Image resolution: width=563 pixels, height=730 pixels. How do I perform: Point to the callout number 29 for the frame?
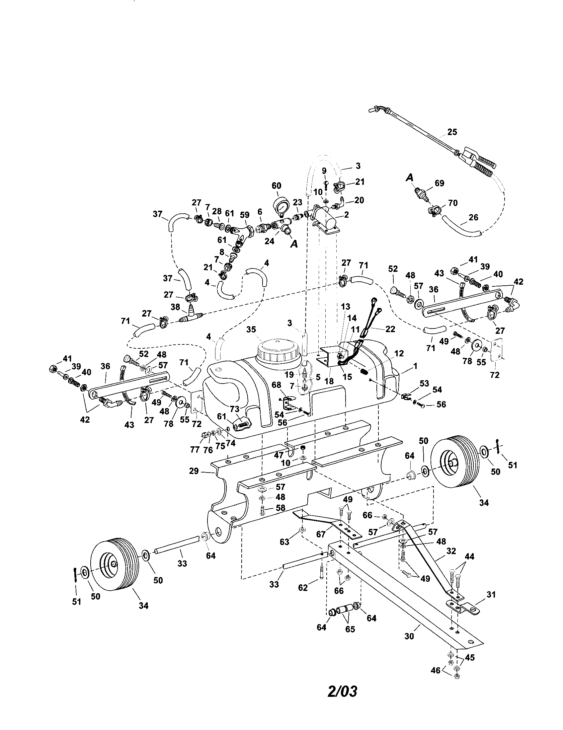(x=194, y=471)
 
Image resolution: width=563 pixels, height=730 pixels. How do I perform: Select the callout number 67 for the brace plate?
(x=321, y=535)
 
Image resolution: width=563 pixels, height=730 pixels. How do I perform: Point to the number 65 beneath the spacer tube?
(x=350, y=629)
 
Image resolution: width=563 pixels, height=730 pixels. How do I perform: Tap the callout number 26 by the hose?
(x=473, y=217)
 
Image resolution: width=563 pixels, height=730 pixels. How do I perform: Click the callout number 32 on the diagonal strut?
(x=451, y=551)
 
